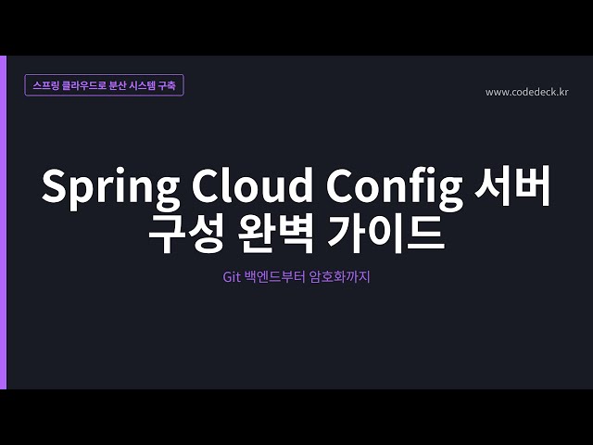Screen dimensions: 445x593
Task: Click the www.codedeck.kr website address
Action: (526, 92)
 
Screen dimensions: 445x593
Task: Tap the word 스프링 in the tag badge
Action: (44, 85)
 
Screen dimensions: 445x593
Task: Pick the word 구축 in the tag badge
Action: (174, 85)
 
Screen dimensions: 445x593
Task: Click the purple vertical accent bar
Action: (3, 222)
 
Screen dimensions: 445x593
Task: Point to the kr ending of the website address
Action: (562, 92)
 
